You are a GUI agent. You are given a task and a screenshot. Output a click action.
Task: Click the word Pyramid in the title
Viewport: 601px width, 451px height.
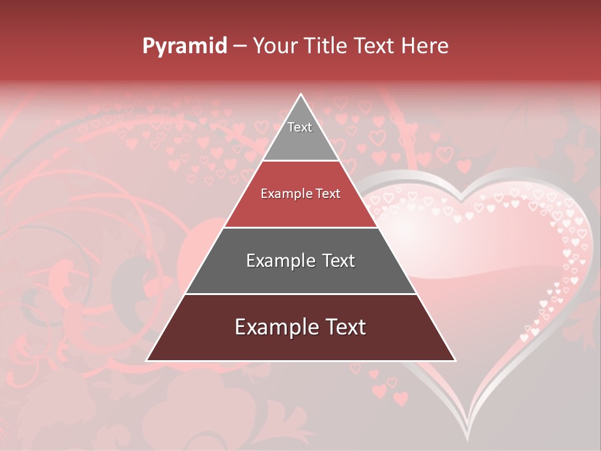(185, 46)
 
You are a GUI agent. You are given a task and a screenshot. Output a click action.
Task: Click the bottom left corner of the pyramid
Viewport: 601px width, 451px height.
(148, 360)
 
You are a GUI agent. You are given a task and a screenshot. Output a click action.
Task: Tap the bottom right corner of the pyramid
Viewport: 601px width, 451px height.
(455, 360)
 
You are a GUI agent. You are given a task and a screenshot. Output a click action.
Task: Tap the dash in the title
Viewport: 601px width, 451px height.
(240, 46)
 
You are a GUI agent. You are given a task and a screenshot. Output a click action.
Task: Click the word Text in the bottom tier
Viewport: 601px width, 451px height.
(345, 327)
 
